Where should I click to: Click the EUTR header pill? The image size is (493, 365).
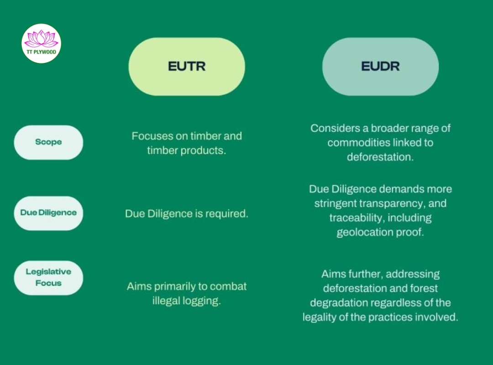187,66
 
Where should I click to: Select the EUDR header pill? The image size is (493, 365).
380,66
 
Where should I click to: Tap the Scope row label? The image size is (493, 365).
48,142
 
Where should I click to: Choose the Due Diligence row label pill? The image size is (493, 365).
48,213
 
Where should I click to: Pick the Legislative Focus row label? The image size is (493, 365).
48,277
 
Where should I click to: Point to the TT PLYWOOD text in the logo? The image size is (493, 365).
41,52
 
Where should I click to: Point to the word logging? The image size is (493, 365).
203,301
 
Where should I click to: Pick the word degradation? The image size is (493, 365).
339,302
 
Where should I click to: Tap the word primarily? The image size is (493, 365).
173,287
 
